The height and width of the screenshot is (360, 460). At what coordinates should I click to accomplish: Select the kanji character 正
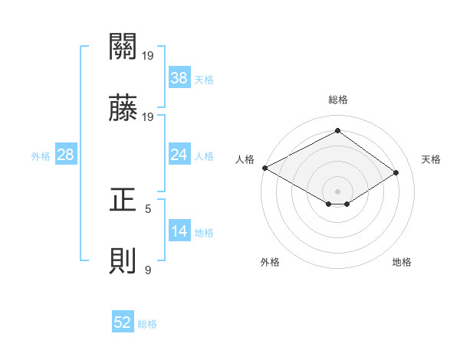point(123,200)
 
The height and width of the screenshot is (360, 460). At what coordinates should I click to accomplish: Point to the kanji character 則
point(123,262)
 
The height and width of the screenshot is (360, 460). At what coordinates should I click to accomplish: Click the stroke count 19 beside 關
point(148,55)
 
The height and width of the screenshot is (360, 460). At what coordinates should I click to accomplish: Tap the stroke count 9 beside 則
point(148,270)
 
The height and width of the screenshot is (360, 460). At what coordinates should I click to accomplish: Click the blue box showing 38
point(179,78)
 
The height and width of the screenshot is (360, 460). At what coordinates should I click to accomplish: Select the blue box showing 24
point(179,155)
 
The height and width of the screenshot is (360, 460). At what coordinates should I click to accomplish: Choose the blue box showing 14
point(179,231)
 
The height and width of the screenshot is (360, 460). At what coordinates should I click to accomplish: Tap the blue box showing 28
point(65,155)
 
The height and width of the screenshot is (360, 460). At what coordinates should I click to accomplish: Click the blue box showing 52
point(123,322)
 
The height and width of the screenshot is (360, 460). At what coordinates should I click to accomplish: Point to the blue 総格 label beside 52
point(147,323)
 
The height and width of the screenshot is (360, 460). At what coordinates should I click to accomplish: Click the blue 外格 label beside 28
point(41,155)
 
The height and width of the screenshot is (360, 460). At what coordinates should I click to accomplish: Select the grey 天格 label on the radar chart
point(431,159)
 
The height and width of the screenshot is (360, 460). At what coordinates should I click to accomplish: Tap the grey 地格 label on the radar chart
point(402,262)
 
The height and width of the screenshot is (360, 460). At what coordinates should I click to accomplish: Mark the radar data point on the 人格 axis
point(264,168)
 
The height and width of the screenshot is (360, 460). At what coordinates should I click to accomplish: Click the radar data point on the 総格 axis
point(337,131)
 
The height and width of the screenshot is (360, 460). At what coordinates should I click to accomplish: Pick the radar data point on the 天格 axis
point(396,172)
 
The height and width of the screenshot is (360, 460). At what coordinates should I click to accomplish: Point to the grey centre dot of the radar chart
point(337,191)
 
